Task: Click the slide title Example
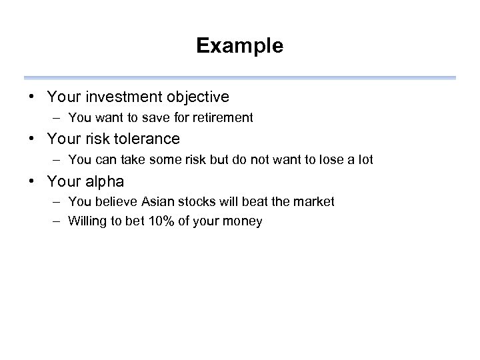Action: (240, 46)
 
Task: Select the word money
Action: (244, 221)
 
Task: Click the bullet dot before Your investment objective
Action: (32, 97)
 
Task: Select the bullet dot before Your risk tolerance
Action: (32, 139)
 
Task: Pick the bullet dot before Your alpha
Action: (32, 181)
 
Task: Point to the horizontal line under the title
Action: (240, 77)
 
